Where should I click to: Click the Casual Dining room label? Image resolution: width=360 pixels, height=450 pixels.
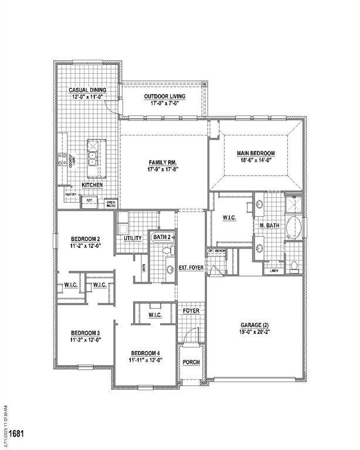pos(87,90)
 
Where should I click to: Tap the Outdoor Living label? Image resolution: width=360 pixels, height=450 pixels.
pos(165,96)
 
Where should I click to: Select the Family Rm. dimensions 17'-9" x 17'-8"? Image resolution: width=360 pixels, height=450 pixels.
pos(163,170)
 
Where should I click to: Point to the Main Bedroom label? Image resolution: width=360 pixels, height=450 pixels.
pos(256,154)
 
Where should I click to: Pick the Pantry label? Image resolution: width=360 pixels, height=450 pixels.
pos(70,195)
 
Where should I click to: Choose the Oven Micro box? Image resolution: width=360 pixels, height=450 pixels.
pos(110,203)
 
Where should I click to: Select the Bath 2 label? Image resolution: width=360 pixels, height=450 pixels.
pos(162,237)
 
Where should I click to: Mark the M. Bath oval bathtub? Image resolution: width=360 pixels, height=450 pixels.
pos(294,228)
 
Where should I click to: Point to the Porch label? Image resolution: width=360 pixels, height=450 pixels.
pos(191,362)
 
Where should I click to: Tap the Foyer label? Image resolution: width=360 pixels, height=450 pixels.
pos(191,311)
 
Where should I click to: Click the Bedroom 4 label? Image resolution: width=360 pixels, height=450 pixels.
pos(145,353)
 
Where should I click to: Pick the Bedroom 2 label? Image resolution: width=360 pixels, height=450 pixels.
pos(86,238)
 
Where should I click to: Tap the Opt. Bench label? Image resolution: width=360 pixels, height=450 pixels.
pos(217,251)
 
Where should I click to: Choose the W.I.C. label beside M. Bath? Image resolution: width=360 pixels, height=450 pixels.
pos(229,218)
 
